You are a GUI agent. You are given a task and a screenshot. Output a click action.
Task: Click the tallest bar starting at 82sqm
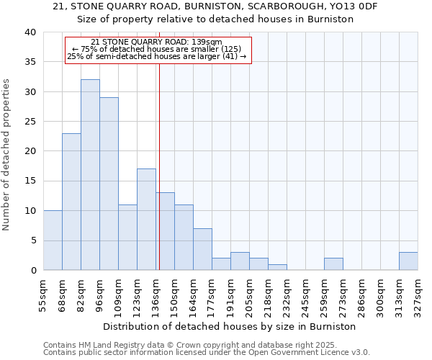click(90, 175)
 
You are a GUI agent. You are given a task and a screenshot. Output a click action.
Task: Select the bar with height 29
click(109, 184)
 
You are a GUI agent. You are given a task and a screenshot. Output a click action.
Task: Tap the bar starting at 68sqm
click(71, 202)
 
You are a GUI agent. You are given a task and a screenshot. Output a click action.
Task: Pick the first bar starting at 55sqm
click(53, 240)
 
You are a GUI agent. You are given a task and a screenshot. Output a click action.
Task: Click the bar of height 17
click(146, 220)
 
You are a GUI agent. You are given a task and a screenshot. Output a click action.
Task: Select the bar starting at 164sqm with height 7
click(202, 249)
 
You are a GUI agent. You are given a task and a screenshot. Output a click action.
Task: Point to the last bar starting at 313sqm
click(408, 261)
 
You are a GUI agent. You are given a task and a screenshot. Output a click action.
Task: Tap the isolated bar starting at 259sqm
click(333, 264)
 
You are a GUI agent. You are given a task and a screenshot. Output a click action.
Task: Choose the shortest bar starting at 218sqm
click(277, 267)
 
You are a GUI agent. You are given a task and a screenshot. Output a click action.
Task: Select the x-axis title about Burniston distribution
click(230, 326)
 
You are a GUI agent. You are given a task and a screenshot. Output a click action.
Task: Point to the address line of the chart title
click(215, 6)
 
